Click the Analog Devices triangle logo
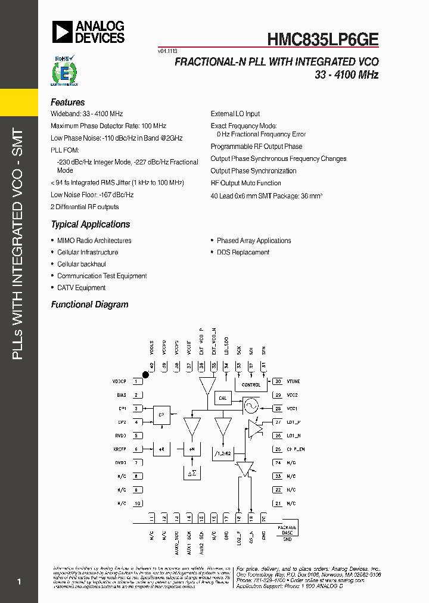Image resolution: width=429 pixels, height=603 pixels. (x=61, y=32)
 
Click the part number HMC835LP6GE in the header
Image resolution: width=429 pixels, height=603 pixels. (x=322, y=39)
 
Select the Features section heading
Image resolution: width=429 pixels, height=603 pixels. (x=67, y=102)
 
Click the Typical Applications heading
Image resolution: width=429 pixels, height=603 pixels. (x=90, y=225)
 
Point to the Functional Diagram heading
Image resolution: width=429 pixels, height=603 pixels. (x=89, y=304)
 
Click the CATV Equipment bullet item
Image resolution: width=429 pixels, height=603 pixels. (x=81, y=288)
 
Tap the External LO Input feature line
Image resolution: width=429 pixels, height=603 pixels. (x=235, y=114)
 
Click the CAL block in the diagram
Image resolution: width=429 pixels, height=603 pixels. (x=223, y=398)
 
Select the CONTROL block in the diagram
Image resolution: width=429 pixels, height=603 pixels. (x=251, y=385)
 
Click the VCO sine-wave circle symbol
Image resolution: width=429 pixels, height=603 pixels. (x=250, y=406)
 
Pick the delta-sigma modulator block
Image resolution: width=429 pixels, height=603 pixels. (x=192, y=473)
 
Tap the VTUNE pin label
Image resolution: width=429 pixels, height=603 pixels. (x=293, y=381)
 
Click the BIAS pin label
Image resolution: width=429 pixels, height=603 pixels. (x=121, y=395)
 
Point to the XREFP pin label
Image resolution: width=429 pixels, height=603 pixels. (x=119, y=449)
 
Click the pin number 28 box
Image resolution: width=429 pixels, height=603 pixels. (x=278, y=409)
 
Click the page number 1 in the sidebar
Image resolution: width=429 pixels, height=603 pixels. (x=19, y=582)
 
